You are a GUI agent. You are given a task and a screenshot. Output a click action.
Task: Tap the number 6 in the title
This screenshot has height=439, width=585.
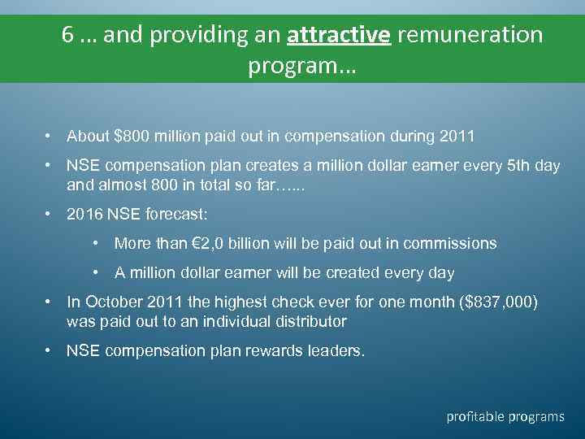(x=68, y=35)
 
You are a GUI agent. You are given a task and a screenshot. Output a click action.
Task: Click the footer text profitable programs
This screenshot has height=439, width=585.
(x=505, y=416)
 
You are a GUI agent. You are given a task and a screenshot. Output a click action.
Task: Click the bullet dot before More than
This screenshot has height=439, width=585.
(x=97, y=243)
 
